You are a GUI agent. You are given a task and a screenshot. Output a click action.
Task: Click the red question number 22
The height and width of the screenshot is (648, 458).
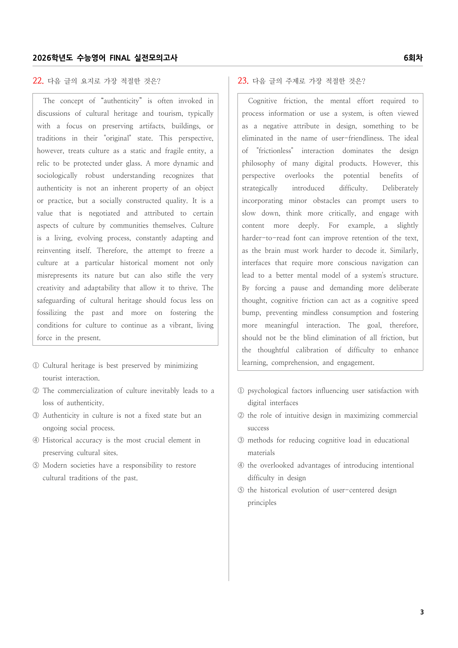(38, 81)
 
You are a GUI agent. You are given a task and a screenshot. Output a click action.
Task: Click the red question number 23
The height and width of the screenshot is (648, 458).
(243, 81)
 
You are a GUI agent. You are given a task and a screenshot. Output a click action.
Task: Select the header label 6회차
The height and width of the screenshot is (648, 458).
(413, 58)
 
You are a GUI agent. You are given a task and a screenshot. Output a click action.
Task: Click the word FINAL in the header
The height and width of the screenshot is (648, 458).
(120, 58)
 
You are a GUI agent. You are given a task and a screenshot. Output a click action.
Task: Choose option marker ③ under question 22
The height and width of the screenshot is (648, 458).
(36, 415)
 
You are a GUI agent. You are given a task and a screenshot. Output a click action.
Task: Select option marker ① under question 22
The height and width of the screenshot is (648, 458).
(36, 366)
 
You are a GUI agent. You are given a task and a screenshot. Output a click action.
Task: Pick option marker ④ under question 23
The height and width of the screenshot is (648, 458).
(241, 465)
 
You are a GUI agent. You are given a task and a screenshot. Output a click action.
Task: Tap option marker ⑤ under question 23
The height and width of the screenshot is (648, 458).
(241, 490)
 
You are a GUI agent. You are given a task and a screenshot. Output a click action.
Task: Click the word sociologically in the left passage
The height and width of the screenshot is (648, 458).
(57, 176)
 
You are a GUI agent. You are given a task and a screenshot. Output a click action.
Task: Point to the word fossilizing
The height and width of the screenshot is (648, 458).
(52, 313)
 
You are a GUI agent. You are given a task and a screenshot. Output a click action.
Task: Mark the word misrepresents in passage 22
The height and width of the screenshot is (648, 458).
(57, 275)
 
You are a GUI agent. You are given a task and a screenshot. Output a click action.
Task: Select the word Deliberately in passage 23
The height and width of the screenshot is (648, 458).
(400, 188)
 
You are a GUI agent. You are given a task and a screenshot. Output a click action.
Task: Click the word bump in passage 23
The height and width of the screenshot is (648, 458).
(250, 313)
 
